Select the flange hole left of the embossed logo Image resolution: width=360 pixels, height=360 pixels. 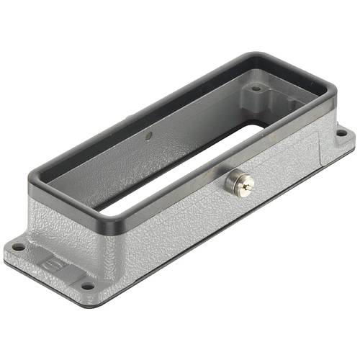click(x=18, y=247)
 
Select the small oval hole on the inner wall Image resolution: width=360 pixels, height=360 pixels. click(x=148, y=136)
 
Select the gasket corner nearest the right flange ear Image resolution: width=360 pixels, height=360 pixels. click(x=333, y=94)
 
